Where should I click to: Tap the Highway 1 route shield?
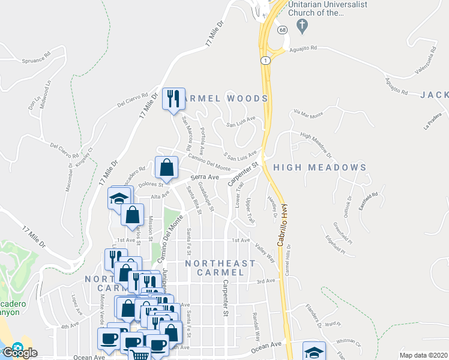[x=264, y=60]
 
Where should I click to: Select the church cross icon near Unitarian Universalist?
[x=303, y=26]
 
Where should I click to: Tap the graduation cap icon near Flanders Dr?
[x=314, y=352]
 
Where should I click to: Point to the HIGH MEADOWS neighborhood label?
[x=319, y=167]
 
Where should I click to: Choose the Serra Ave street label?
[x=205, y=177]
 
